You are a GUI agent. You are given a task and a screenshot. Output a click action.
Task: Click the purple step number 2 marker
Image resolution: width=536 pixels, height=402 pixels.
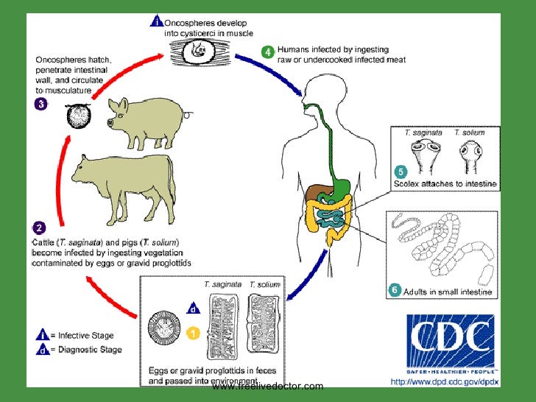(x=40, y=228)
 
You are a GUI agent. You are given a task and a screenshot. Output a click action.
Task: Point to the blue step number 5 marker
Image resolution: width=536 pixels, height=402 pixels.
(x=401, y=172)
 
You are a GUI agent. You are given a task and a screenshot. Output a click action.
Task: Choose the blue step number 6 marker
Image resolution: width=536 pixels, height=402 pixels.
(x=395, y=291)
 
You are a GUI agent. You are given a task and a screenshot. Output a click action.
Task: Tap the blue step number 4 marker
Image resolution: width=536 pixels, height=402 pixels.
(x=269, y=52)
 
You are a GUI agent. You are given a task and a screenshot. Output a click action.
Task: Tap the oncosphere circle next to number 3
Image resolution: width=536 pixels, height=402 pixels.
(x=78, y=115)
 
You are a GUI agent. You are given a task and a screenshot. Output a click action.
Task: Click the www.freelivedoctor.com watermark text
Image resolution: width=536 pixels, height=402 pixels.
(x=267, y=387)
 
